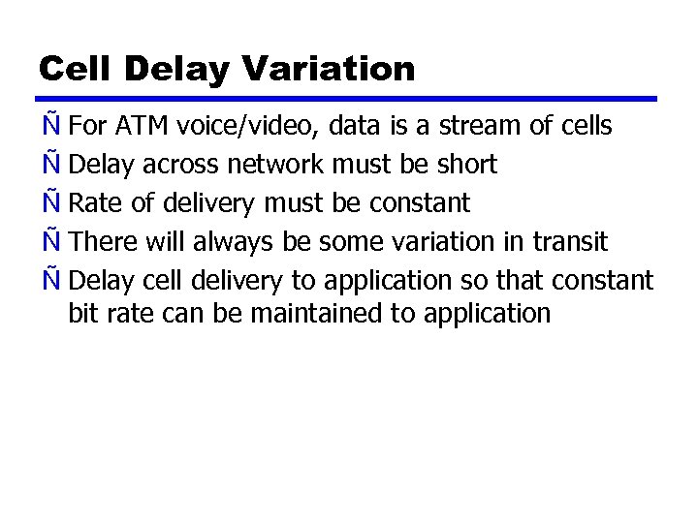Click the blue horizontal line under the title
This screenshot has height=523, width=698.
pos(348,99)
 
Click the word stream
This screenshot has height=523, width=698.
pos(482,126)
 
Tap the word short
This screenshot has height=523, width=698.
pos(466,165)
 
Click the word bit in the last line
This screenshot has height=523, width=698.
pos(84,313)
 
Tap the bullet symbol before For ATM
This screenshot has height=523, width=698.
pos(51,126)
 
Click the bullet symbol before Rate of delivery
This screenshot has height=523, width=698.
pos(51,202)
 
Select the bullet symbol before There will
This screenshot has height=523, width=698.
pos(51,241)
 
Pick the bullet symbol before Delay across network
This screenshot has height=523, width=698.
pos(51,165)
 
